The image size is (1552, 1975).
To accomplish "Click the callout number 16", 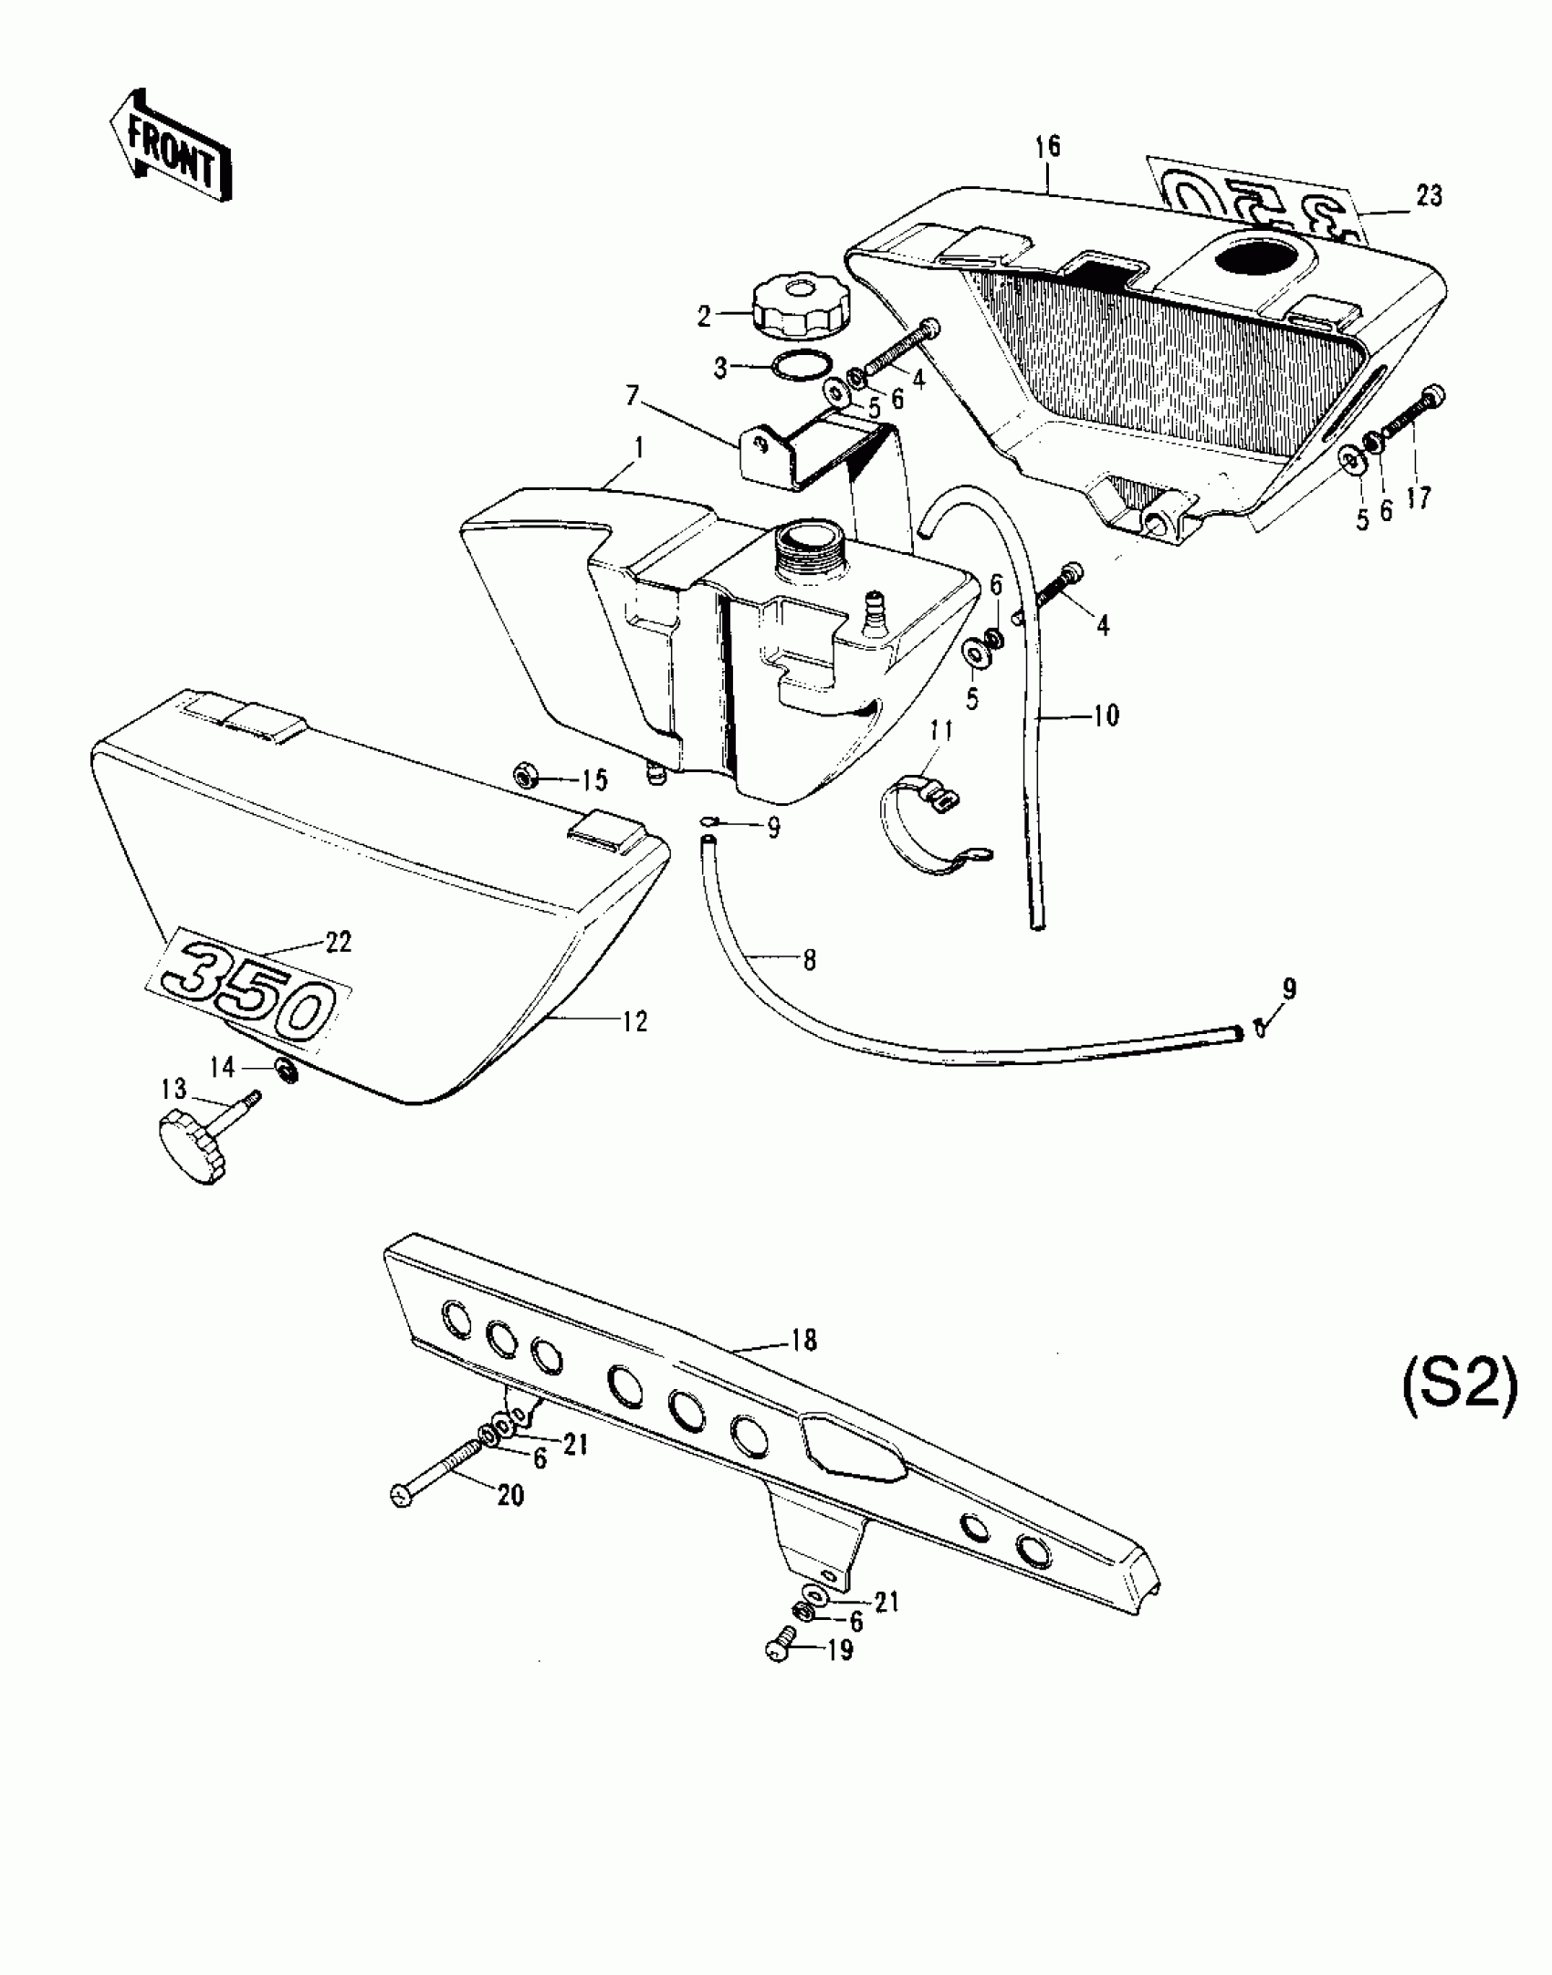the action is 1048,146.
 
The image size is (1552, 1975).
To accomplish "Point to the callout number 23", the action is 1429,196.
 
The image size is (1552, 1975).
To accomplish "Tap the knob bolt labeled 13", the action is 201,1130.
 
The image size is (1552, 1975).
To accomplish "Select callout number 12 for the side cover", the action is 635,1022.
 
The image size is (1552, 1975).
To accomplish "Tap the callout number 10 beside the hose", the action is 1105,716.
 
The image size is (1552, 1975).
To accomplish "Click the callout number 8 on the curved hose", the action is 809,960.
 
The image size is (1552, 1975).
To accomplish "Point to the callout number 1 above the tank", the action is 639,448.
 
